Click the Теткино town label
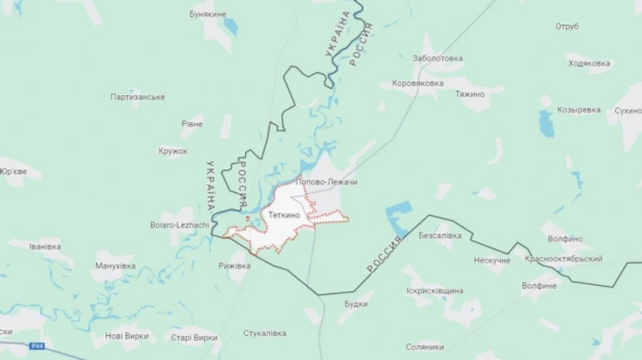285,215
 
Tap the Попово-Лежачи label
326,182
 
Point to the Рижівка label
233,266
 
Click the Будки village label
356,303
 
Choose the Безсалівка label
439,236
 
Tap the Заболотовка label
438,58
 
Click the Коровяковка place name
418,83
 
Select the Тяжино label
470,94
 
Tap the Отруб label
566,26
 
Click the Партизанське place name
138,97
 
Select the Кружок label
173,151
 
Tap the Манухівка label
115,266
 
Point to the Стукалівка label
264,332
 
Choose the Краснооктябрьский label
564,259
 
